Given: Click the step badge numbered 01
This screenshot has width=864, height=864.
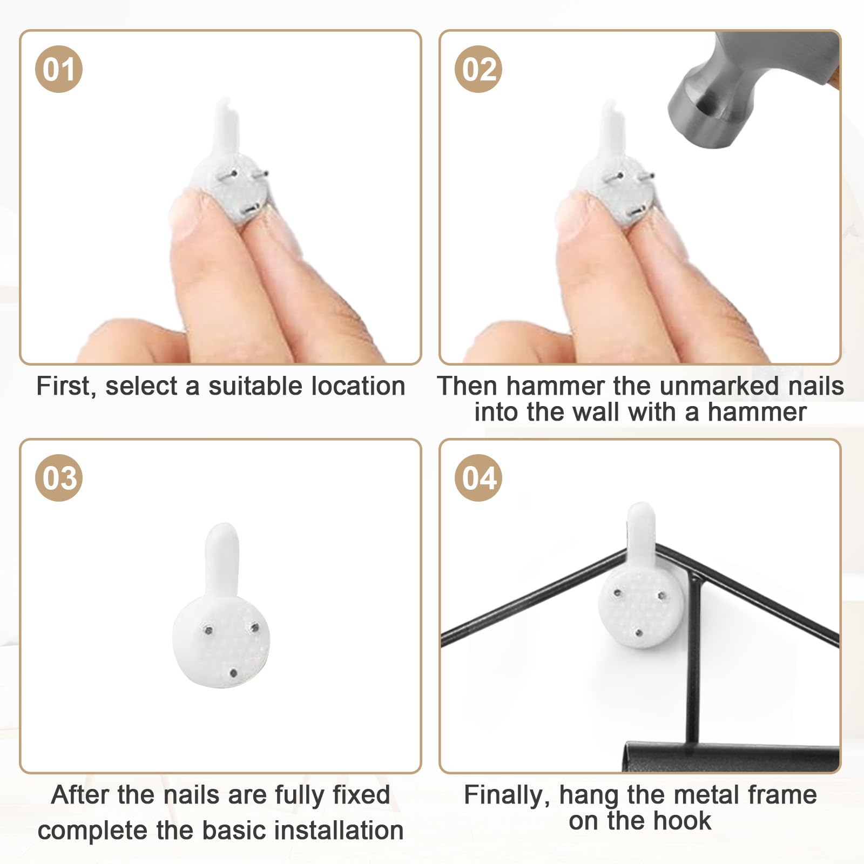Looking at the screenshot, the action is pos(59,69).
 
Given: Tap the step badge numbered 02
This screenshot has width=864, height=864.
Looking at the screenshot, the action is pos(478,69).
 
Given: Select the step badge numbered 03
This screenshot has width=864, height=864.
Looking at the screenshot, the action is pos(59,478).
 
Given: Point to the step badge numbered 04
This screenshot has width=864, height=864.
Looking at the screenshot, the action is pos(478,478).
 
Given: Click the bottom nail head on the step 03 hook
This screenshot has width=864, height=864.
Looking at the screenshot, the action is pos(233,673).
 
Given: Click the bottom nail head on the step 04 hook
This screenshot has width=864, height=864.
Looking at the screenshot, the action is pos(639,632).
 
